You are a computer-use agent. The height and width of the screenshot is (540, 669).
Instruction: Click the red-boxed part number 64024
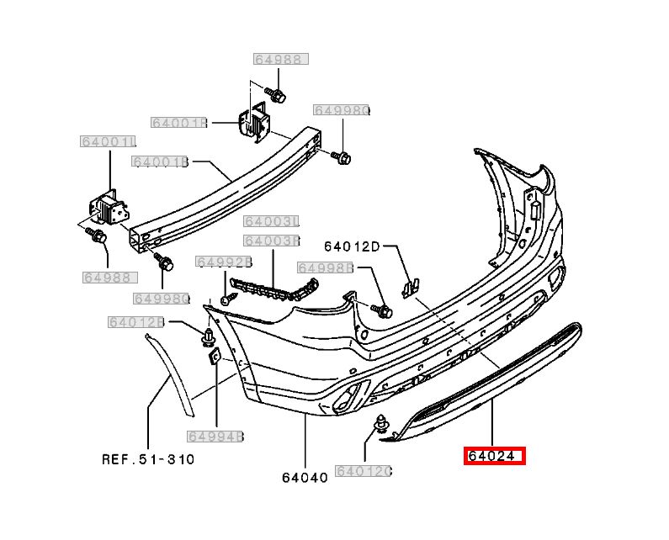coord(494,457)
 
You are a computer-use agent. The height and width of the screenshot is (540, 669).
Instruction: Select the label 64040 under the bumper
coord(305,477)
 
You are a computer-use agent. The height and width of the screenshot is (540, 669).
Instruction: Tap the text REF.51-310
coord(148,459)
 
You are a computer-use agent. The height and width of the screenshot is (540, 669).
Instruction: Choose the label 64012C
coord(363,471)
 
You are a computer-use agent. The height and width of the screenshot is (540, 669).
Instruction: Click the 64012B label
coord(135,322)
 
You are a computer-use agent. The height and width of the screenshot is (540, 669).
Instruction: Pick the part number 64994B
coord(215,437)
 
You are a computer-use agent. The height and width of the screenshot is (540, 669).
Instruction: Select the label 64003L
coord(272,222)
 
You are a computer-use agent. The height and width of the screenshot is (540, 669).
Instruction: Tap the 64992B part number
coord(224,262)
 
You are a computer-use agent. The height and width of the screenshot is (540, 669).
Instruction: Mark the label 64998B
coord(324,268)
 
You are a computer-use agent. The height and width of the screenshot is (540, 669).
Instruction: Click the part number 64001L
coord(109,141)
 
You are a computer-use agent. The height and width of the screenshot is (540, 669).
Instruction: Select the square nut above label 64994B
coord(215,356)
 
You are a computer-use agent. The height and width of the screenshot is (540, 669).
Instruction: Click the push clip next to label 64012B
coord(204,338)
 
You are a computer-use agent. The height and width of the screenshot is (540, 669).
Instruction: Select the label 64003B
coord(272,241)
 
